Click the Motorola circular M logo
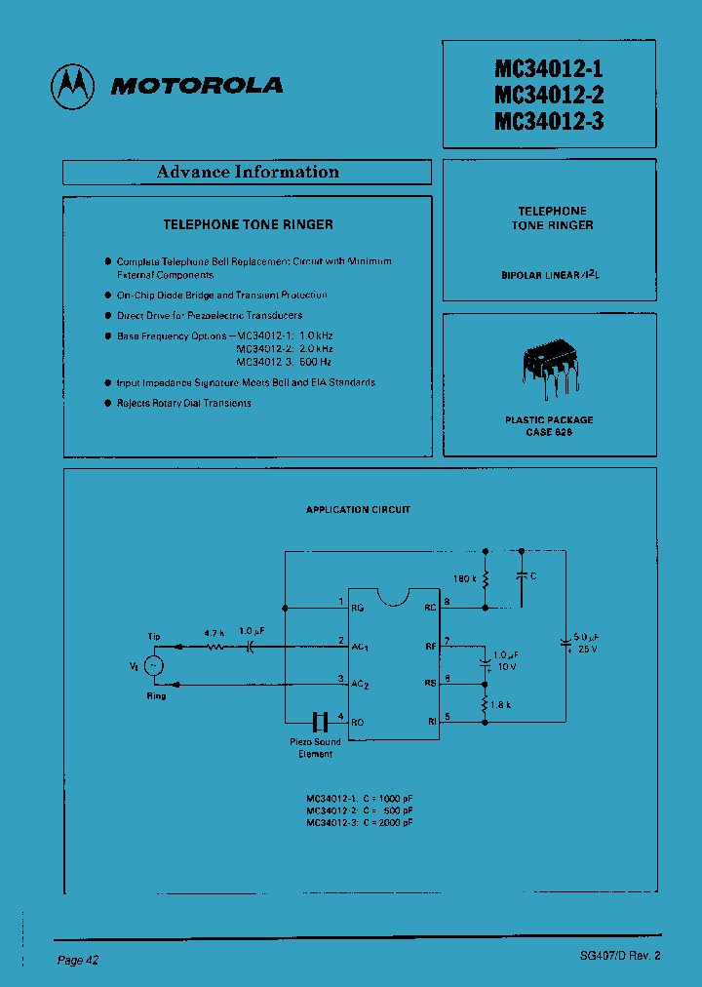coord(73,86)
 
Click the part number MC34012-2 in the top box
coord(549,95)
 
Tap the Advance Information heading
coord(248,173)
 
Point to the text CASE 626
coord(549,431)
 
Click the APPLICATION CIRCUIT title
coord(358,510)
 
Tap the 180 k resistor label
coord(463,578)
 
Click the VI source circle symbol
coord(153,665)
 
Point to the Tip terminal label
coord(155,636)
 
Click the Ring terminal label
coord(156,695)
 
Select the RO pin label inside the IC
coord(358,722)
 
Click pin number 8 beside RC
coord(447,602)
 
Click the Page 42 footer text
coord(78,961)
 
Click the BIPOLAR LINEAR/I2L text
coord(551,275)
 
